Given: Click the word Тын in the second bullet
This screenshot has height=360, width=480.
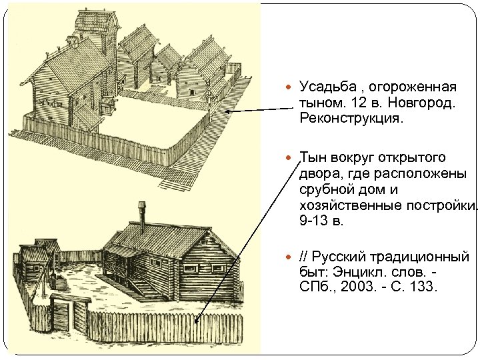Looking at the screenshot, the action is coord(313,157).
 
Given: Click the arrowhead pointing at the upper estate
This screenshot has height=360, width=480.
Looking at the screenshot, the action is coord(227,112).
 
